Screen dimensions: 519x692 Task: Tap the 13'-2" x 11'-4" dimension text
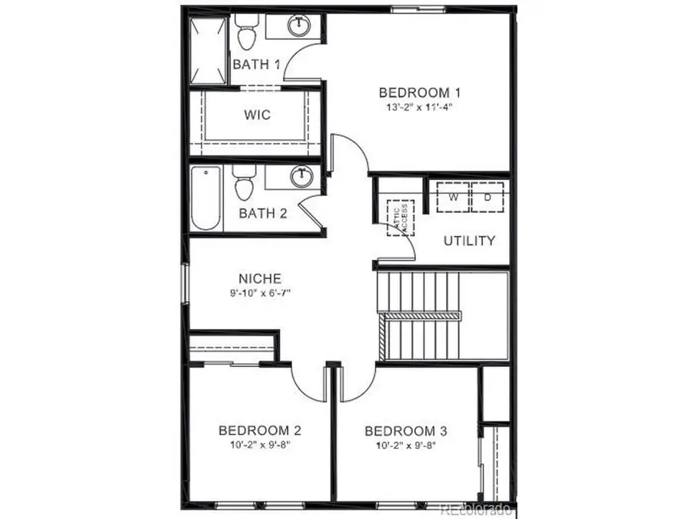pyautogui.click(x=415, y=107)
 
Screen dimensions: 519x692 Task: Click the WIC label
pyautogui.click(x=257, y=115)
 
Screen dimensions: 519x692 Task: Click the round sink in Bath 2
pyautogui.click(x=302, y=177)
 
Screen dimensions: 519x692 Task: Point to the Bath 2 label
pyautogui.click(x=262, y=213)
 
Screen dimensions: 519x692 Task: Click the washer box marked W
pyautogui.click(x=454, y=197)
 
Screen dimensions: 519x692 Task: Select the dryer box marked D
pyautogui.click(x=487, y=197)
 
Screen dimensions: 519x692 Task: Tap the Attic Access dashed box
pyautogui.click(x=399, y=218)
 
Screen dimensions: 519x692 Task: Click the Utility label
pyautogui.click(x=469, y=241)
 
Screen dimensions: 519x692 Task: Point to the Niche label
pyautogui.click(x=259, y=278)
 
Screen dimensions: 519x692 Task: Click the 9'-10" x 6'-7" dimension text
pyautogui.click(x=259, y=293)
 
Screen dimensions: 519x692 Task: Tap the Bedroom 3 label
pyautogui.click(x=405, y=431)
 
